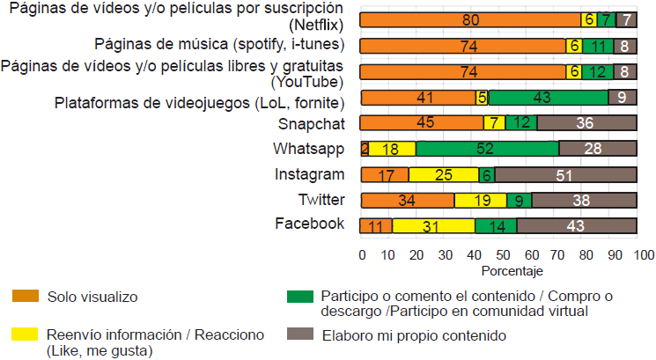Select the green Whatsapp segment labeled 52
(x=487, y=149)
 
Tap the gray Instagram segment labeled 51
(x=565, y=174)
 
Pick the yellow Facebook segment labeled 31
(x=433, y=225)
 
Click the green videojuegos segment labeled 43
(x=548, y=98)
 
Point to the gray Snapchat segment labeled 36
(x=586, y=123)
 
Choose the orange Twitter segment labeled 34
(x=407, y=200)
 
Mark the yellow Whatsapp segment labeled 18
(x=393, y=149)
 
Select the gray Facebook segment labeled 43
(x=577, y=225)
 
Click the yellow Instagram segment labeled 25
(x=444, y=174)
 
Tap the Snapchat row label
(x=311, y=123)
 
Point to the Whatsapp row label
(x=308, y=148)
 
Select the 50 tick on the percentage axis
(x=501, y=255)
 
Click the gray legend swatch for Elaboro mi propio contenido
(x=299, y=335)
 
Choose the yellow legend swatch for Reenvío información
(x=25, y=335)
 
